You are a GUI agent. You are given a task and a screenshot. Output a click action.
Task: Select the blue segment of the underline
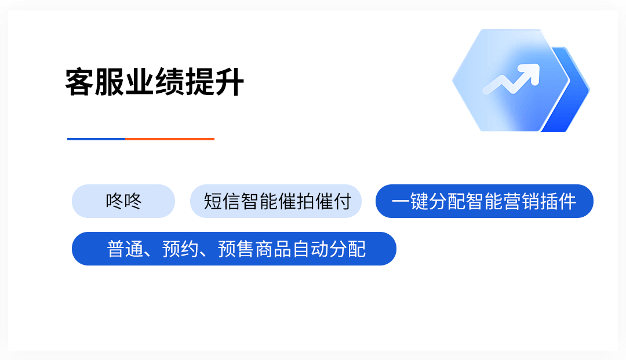pos(96,139)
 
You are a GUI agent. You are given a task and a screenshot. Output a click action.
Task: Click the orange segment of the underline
pos(170,139)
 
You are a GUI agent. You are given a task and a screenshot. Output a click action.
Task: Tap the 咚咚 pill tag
pos(123,201)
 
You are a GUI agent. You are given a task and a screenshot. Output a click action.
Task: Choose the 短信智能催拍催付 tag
pos(276,201)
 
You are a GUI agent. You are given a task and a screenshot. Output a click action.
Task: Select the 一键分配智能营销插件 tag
pos(485,201)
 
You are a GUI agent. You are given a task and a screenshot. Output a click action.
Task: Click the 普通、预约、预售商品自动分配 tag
pos(234,249)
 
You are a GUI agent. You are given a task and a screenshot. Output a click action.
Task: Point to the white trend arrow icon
pos(510,80)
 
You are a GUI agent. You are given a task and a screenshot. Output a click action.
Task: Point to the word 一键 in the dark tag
pos(409,202)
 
